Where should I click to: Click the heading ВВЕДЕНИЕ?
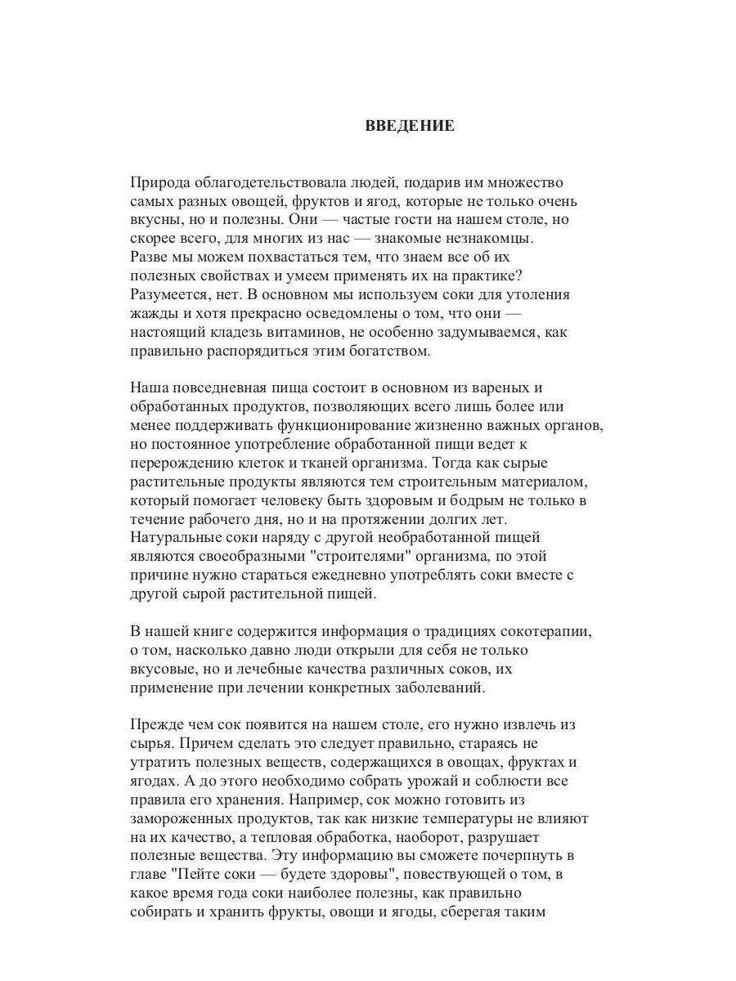[409, 127]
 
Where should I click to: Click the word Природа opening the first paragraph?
[161, 182]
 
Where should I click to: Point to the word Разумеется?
[169, 294]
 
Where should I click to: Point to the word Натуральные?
[173, 538]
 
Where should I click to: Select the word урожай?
[424, 782]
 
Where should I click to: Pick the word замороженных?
[181, 819]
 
